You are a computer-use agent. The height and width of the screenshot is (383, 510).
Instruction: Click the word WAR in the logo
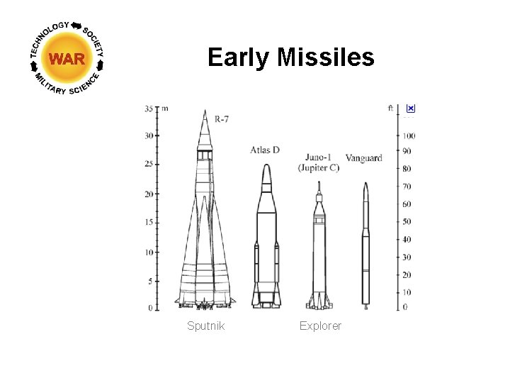coord(68,59)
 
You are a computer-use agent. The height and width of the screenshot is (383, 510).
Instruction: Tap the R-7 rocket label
coord(222,119)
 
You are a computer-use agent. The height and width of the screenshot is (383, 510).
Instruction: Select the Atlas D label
coord(265,150)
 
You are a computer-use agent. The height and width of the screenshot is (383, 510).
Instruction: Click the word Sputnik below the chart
coord(205,326)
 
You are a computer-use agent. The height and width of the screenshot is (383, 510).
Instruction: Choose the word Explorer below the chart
coord(320,326)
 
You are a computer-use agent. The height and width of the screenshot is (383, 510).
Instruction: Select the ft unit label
coord(391,109)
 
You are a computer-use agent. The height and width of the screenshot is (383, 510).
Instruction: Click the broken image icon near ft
coord(411,109)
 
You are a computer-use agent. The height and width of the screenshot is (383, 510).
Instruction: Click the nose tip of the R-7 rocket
coord(205,111)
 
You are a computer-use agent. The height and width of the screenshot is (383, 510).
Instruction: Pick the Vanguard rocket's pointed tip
coord(365,184)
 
